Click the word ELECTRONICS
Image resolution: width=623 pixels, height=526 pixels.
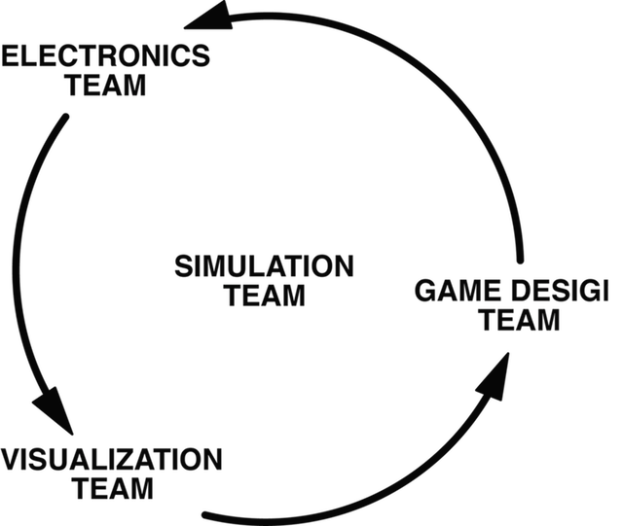(x=105, y=54)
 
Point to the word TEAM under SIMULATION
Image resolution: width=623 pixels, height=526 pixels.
(x=265, y=295)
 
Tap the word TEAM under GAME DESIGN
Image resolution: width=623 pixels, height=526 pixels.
(x=521, y=319)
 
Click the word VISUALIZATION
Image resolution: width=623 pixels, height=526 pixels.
(x=113, y=458)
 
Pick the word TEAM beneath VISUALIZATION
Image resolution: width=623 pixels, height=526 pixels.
(x=113, y=487)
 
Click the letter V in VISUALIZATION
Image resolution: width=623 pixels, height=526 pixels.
(x=13, y=458)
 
